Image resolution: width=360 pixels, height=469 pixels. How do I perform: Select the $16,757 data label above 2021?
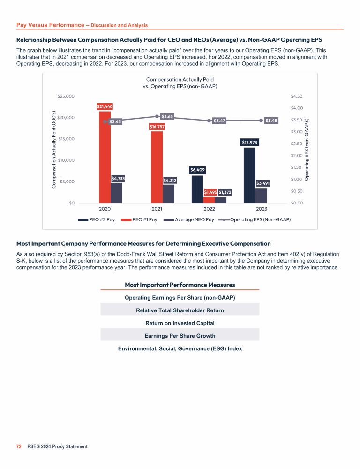click(x=157, y=126)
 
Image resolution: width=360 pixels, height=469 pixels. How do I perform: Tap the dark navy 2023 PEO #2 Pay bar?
click(x=249, y=176)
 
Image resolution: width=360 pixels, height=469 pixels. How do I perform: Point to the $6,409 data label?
click(x=198, y=170)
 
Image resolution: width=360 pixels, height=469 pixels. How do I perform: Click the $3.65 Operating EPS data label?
click(x=167, y=116)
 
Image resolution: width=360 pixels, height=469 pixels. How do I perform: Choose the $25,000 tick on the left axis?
click(x=66, y=96)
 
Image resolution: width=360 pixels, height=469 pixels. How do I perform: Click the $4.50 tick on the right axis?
click(x=297, y=96)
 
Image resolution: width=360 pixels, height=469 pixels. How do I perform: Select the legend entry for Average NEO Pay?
click(x=190, y=219)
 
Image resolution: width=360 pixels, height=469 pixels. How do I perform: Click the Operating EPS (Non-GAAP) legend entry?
click(x=256, y=219)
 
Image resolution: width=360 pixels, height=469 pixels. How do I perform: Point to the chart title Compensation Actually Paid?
click(x=180, y=80)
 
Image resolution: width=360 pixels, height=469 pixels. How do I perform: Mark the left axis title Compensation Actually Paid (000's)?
click(x=54, y=150)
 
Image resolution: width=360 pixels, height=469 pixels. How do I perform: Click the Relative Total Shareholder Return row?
click(x=180, y=310)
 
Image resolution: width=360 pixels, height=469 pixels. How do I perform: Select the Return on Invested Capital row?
click(x=180, y=323)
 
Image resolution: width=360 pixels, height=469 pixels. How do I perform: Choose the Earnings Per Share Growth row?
click(x=180, y=335)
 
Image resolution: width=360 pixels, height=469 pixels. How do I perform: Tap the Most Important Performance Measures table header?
click(x=180, y=285)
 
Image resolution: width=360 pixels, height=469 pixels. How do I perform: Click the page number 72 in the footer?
click(x=19, y=446)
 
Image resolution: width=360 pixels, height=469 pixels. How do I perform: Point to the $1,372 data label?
click(x=225, y=192)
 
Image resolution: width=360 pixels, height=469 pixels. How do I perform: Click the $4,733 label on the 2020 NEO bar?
click(x=118, y=179)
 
